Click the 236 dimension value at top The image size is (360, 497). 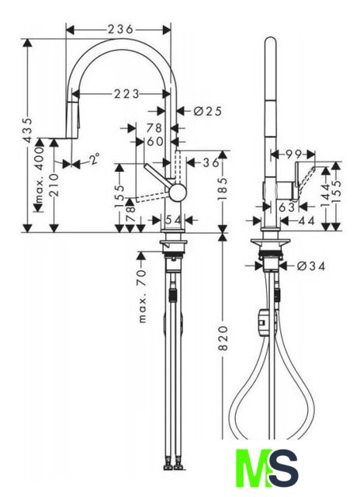tap(120, 30)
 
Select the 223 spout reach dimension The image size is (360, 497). tap(126, 94)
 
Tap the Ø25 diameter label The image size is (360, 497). tap(207, 111)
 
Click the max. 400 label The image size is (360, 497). tap(39, 175)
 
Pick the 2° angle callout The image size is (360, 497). tap(94, 158)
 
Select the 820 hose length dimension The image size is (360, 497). tap(223, 338)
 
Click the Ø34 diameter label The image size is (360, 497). tap(311, 266)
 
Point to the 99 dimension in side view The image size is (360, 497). tap(293, 155)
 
